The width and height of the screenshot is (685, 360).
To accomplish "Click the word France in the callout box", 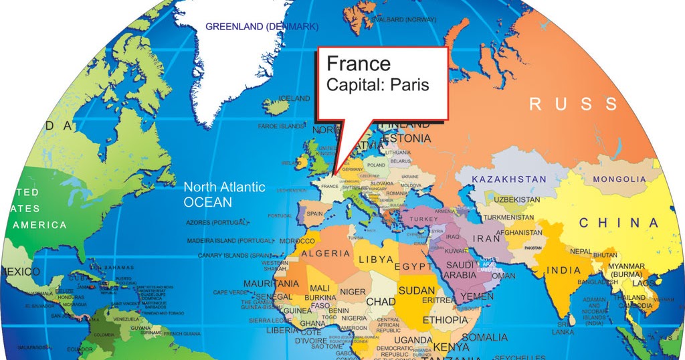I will point(359,64).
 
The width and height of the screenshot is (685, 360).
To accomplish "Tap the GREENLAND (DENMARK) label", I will point(262,27).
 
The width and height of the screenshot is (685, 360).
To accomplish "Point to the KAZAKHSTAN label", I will point(508,179).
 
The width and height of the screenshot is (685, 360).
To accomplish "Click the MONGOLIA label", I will point(619,179).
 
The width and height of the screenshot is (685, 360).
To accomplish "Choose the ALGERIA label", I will point(326,254).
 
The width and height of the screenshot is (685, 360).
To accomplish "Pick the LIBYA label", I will point(376,260).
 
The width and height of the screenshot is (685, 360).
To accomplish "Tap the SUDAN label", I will point(416,291).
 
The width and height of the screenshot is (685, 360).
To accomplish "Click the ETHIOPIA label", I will point(446,320).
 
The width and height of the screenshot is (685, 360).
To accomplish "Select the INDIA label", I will point(563,270).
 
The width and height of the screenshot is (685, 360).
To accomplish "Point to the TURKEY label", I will point(423,219).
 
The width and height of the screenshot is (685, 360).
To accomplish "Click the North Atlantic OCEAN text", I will point(224,195).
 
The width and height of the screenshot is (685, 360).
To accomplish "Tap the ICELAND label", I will point(294,98).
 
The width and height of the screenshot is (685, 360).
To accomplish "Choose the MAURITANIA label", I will point(271,284).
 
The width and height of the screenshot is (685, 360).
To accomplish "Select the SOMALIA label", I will point(484,337).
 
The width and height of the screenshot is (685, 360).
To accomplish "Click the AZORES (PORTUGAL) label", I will point(217,222).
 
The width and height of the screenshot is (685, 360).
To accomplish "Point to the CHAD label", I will point(381,302).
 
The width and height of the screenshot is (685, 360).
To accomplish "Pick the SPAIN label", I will point(314,213).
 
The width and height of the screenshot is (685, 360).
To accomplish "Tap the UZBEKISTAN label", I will point(516,200).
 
